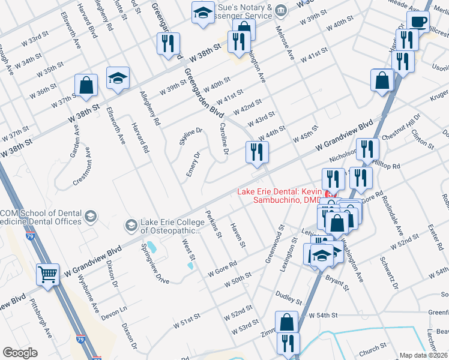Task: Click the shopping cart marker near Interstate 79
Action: (49, 275)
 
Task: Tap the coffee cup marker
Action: (418, 22)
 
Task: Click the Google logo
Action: (20, 353)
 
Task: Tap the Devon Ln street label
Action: (114, 314)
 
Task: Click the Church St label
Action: (373, 348)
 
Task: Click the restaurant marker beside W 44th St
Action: (257, 152)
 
